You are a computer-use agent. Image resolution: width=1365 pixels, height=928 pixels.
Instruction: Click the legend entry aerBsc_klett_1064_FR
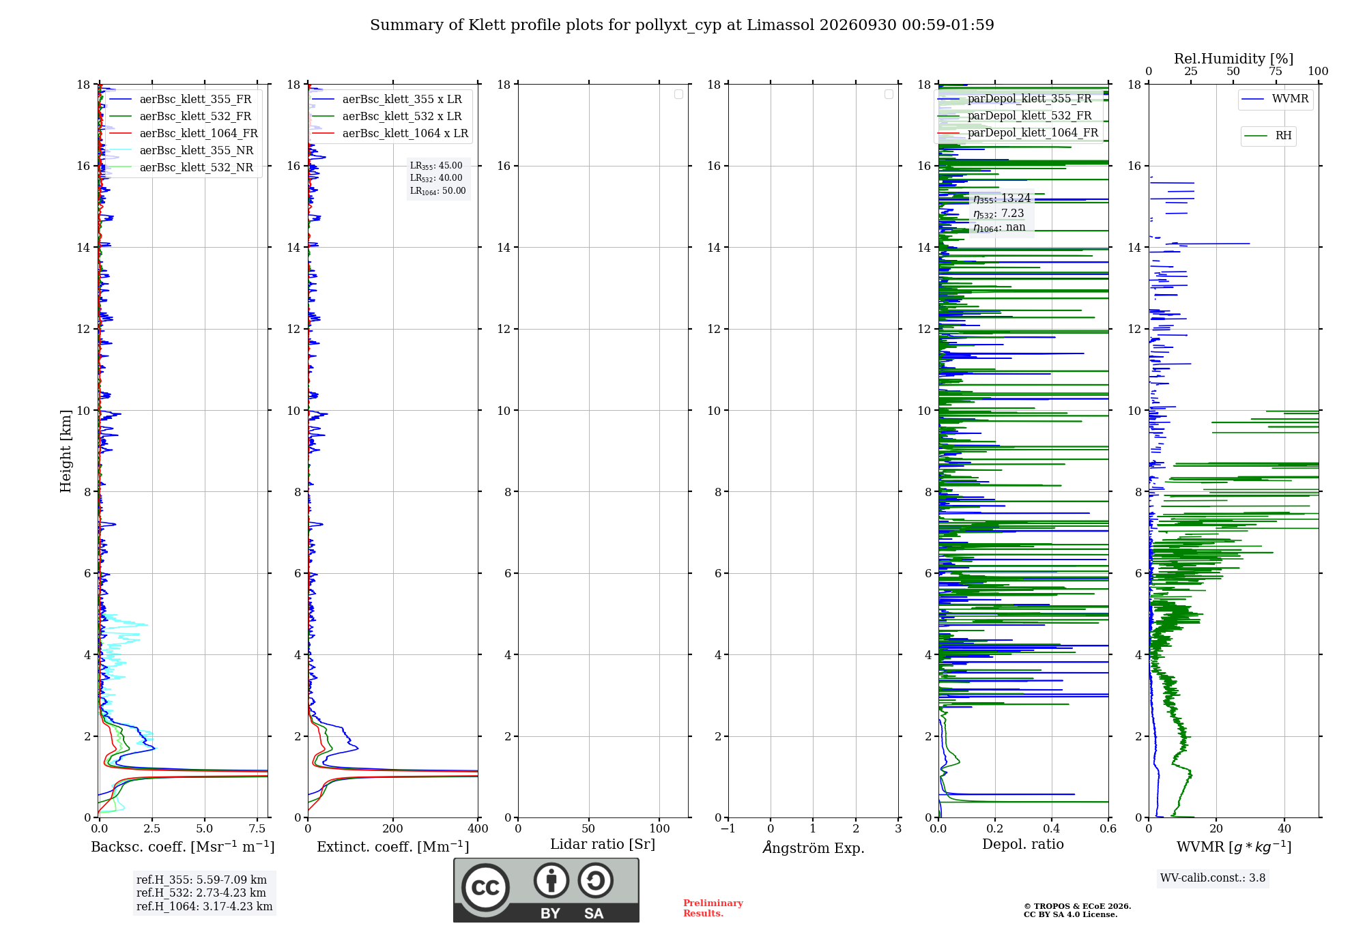tap(183, 133)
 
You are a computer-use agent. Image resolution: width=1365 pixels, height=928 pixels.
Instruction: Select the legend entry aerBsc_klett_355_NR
tap(181, 150)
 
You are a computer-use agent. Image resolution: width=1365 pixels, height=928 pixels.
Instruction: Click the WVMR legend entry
tap(1275, 99)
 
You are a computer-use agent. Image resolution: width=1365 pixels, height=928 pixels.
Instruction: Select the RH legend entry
tap(1268, 136)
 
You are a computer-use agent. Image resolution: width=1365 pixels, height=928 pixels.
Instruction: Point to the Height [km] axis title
tap(66, 451)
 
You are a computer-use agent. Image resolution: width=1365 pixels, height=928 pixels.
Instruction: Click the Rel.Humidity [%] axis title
tap(1233, 59)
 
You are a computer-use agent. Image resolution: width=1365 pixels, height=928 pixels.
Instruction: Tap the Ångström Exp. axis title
tap(814, 847)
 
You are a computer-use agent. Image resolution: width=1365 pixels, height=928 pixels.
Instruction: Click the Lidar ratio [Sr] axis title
tap(603, 845)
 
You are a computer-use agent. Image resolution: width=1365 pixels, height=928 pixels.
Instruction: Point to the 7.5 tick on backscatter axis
tap(257, 828)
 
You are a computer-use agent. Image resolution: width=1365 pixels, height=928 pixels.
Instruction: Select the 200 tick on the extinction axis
tap(393, 828)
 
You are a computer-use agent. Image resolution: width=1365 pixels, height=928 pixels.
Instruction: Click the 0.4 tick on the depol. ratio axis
tap(1052, 828)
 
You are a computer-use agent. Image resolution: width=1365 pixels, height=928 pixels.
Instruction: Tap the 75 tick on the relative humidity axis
tap(1275, 71)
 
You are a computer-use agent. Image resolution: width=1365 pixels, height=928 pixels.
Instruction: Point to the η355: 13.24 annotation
tap(1002, 199)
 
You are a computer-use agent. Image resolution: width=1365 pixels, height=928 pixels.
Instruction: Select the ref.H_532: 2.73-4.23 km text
tap(201, 893)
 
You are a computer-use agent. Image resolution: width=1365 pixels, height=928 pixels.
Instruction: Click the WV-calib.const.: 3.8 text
tap(1213, 878)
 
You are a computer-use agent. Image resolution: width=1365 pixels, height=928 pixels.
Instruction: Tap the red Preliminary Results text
tap(713, 908)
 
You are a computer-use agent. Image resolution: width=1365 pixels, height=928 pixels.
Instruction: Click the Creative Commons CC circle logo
tap(485, 888)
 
